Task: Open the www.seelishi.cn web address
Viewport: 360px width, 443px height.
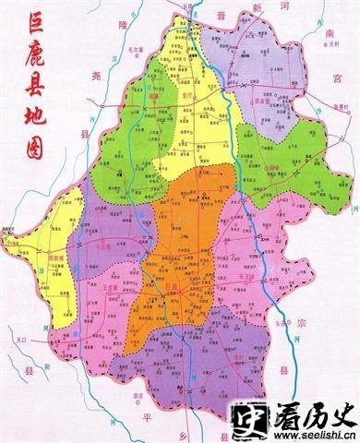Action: click(x=309, y=437)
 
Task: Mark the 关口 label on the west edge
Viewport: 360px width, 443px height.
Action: click(x=18, y=341)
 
